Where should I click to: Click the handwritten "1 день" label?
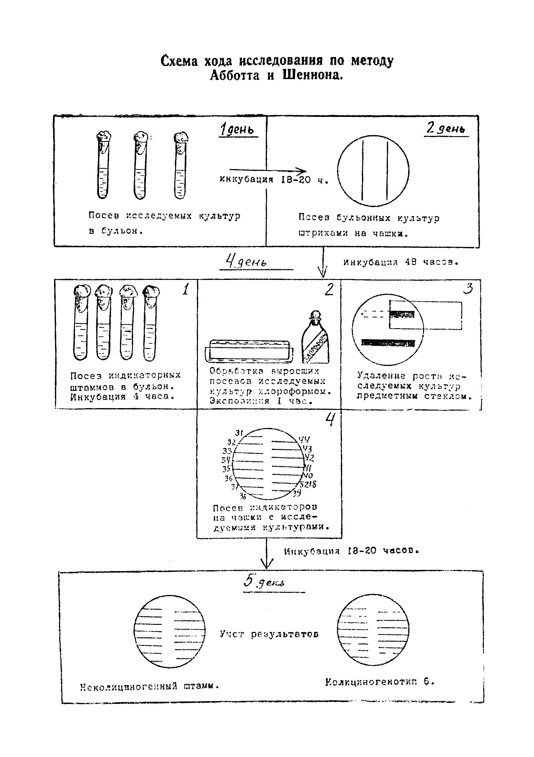coord(237,129)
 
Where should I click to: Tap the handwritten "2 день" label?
coord(445,128)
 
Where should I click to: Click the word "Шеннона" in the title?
coord(313,75)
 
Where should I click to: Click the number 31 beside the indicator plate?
coord(239,433)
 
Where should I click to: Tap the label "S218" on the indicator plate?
coord(308,484)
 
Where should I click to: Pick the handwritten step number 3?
coord(468,288)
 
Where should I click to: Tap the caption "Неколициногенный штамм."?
coord(149,686)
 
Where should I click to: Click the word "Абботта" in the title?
coord(235,75)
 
